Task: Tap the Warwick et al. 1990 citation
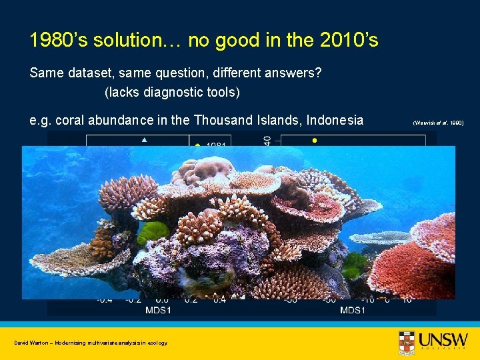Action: (x=438, y=123)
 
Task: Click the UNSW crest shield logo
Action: (x=406, y=342)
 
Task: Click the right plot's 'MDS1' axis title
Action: (x=352, y=310)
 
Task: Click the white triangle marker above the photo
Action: (x=144, y=141)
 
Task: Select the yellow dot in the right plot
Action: (x=314, y=141)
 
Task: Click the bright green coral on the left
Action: (x=153, y=233)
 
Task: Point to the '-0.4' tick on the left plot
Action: (x=105, y=301)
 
